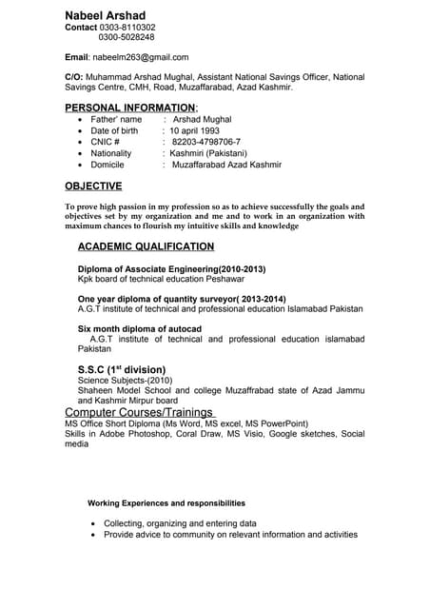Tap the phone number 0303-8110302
coord(127,28)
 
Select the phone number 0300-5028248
coord(127,38)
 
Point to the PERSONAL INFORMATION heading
coord(131,107)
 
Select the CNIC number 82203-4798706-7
coord(206,142)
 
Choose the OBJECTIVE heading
coord(93,186)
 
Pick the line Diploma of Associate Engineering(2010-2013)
coord(171,269)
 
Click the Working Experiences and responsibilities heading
coord(166,502)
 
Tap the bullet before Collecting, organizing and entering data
coord(91,524)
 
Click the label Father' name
coord(116,120)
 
